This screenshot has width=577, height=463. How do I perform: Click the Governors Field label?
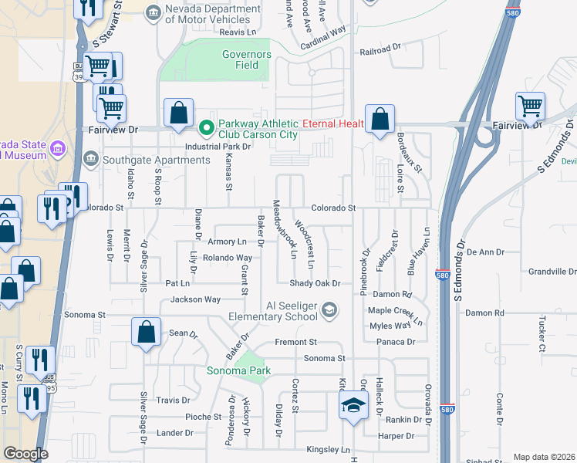click(x=246, y=60)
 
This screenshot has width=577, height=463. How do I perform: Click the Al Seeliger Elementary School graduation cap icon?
click(x=329, y=309)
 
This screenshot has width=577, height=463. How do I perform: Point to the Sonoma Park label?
click(x=238, y=371)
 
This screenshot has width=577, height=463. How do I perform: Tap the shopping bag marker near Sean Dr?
click(x=146, y=333)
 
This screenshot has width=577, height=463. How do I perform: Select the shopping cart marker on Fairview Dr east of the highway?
click(x=531, y=106)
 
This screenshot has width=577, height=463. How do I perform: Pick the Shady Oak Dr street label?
click(x=315, y=283)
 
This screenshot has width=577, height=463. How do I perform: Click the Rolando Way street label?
click(x=228, y=258)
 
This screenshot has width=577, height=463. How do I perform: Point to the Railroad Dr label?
click(x=381, y=52)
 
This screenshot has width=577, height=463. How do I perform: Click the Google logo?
click(x=25, y=454)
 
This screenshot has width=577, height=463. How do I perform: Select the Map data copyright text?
click(x=543, y=457)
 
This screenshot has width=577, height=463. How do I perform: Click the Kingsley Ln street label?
click(x=328, y=449)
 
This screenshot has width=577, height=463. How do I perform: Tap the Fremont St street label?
click(x=296, y=342)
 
